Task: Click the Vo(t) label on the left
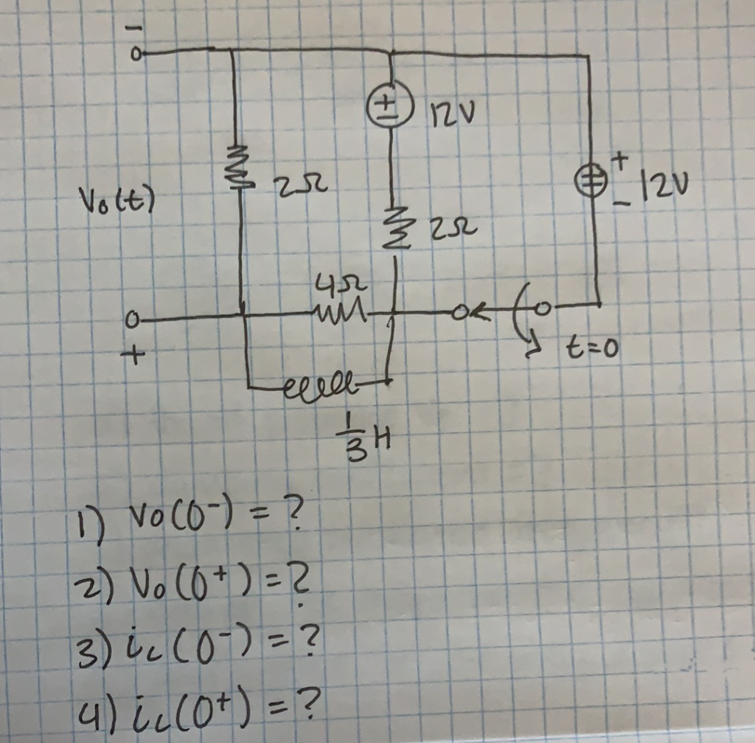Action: coord(112,200)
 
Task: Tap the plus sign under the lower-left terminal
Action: coord(133,355)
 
